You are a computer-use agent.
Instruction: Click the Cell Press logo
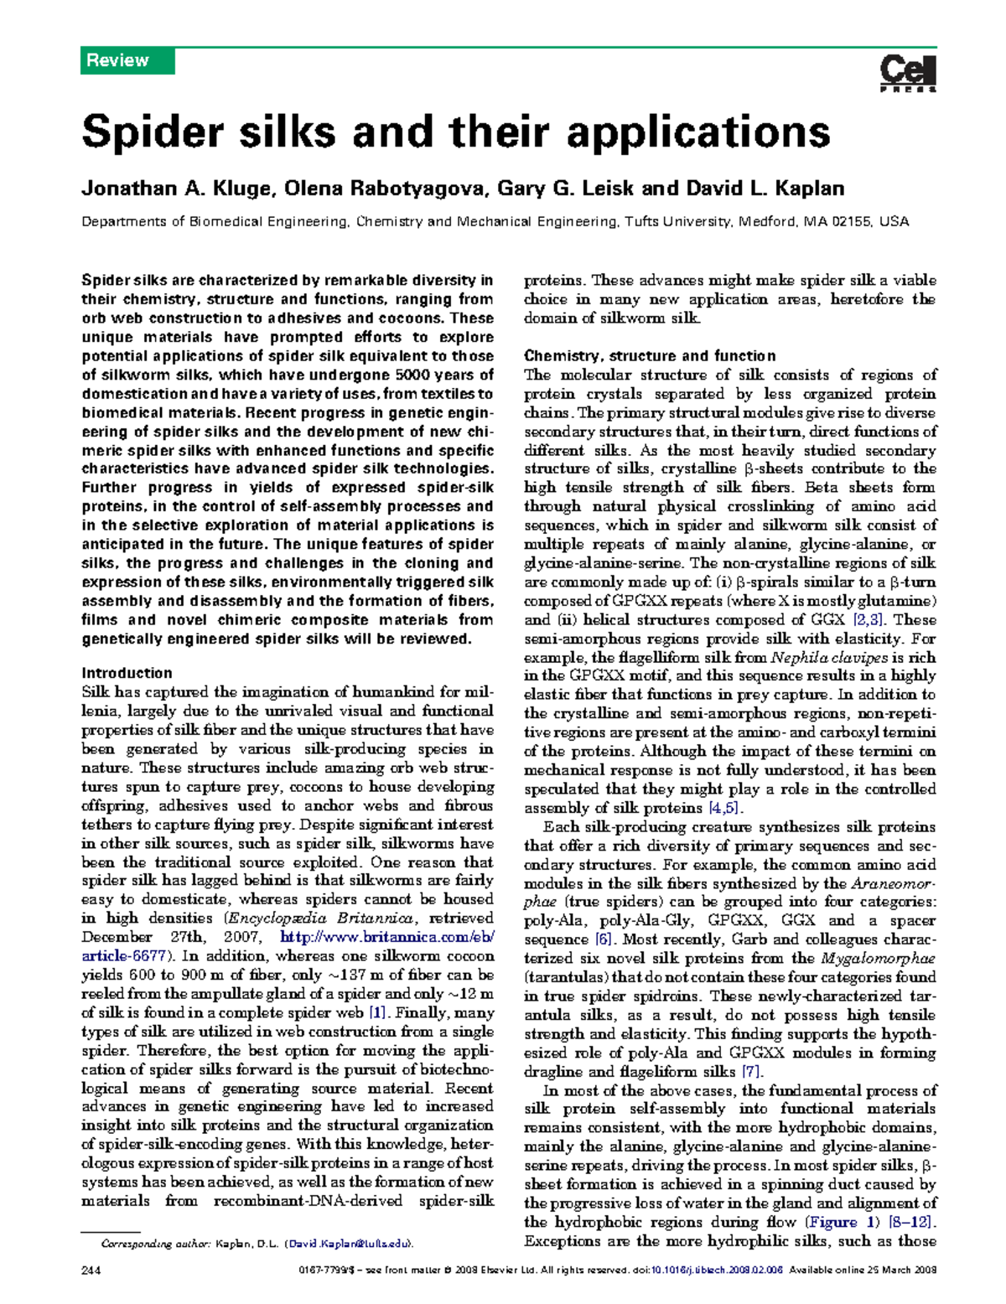tap(908, 73)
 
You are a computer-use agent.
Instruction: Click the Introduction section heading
tap(127, 673)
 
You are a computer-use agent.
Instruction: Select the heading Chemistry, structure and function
tap(649, 355)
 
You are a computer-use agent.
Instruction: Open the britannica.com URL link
tap(386, 937)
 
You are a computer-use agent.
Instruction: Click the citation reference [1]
tap(377, 1012)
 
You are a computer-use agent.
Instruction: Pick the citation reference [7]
tap(751, 1072)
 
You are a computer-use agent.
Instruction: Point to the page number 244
tap(91, 1270)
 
